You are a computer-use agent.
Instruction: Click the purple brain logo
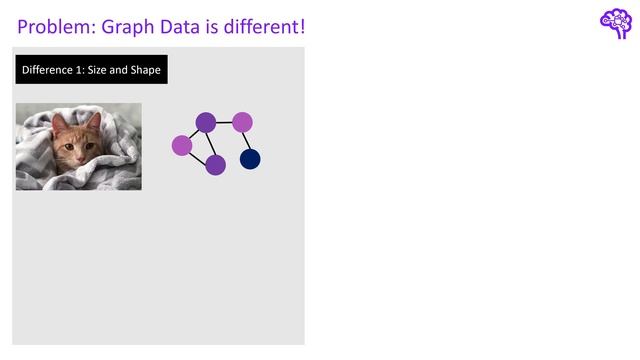tap(615, 23)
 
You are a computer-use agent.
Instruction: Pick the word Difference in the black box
tap(49, 70)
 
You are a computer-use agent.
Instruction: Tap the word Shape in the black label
tap(145, 70)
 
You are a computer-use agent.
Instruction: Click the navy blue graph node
tap(250, 159)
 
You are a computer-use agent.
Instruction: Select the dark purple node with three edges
tap(206, 123)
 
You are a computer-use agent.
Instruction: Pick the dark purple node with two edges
tap(215, 165)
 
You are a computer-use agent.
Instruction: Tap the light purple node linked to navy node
tap(242, 122)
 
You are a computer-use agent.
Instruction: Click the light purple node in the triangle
tap(182, 146)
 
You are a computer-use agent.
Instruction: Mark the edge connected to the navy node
tap(246, 141)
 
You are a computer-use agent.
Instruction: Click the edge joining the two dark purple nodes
tap(211, 144)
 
